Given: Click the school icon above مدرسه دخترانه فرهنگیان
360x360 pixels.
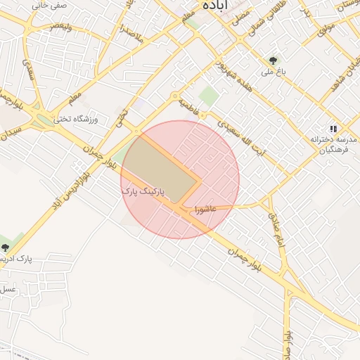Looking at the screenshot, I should click(x=333, y=129).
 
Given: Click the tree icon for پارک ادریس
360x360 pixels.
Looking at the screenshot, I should click(x=6, y=247).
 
